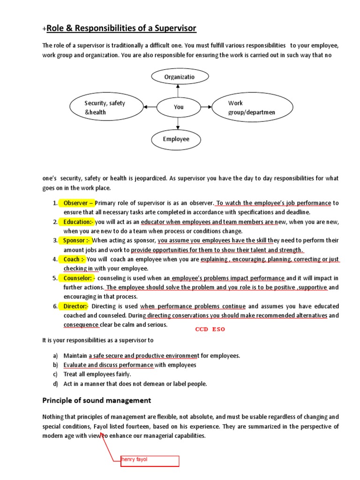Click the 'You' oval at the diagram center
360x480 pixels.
point(179,107)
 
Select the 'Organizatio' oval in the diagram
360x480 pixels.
point(179,76)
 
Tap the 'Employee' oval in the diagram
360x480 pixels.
point(176,139)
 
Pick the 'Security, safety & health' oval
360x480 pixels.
point(106,107)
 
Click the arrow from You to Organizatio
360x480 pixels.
point(179,90)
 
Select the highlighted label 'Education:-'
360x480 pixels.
point(78,222)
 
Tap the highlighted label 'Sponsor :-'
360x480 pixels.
point(77,240)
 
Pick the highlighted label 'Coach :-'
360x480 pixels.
point(74,259)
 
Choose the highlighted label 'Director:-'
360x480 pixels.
point(76,306)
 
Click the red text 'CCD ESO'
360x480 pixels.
point(210,329)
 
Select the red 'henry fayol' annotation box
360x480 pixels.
point(149,460)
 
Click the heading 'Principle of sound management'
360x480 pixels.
point(97,400)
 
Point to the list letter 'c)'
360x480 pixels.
point(55,374)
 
